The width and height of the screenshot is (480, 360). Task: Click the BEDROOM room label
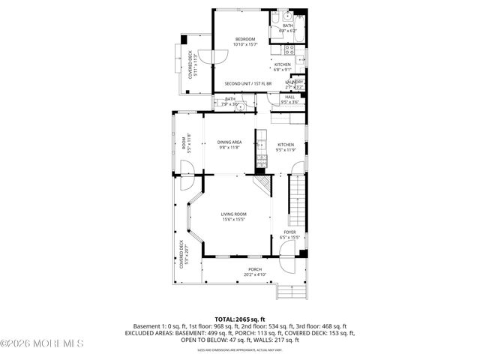pyautogui.click(x=245, y=39)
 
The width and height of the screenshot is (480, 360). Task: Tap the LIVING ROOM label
pyautogui.click(x=233, y=214)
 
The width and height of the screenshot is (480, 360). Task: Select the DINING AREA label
pyautogui.click(x=229, y=142)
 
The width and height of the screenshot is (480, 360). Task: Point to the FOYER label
pyautogui.click(x=289, y=232)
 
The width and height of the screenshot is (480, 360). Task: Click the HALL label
pyautogui.click(x=289, y=97)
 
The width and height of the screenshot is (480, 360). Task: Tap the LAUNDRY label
pyautogui.click(x=294, y=82)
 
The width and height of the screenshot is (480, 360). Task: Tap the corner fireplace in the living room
pyautogui.click(x=262, y=183)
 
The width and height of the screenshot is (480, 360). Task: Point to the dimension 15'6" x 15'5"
pyautogui.click(x=233, y=220)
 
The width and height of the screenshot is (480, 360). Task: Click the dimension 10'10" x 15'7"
pyautogui.click(x=245, y=44)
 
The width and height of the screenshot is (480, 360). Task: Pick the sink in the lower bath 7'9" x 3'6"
pyautogui.click(x=240, y=106)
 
